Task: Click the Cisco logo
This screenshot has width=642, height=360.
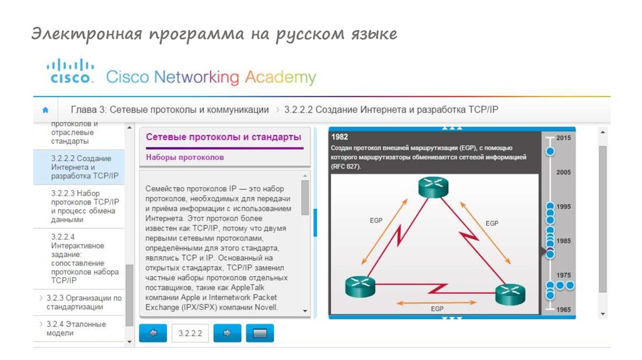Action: pos(70,71)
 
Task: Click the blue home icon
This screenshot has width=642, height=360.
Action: pos(45,110)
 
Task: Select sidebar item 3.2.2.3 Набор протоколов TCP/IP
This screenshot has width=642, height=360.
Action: pos(85,206)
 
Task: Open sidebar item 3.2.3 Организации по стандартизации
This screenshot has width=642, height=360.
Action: pos(84,302)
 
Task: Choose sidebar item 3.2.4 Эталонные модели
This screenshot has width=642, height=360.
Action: pos(76,329)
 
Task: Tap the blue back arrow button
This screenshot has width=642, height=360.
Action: pos(153,333)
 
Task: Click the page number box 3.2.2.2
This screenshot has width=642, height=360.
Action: pos(191,333)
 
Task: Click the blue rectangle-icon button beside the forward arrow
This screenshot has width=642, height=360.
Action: pos(260,333)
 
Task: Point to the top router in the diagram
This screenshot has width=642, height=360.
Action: pos(433,187)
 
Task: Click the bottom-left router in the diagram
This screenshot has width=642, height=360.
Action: pos(360,286)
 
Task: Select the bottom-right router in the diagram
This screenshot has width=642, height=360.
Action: pos(510,294)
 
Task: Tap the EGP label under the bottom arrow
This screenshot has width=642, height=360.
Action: pos(437,309)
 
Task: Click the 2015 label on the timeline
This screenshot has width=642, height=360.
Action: pos(564,138)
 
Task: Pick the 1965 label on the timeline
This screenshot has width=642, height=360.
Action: pos(564,310)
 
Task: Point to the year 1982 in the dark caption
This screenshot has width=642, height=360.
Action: pos(340,137)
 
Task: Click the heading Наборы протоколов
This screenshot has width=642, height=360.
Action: pos(185,157)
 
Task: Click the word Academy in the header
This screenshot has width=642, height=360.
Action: pos(280,77)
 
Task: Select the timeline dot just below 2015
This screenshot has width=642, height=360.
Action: pos(550,152)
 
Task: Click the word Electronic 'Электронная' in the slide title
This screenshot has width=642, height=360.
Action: pos(87,34)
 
